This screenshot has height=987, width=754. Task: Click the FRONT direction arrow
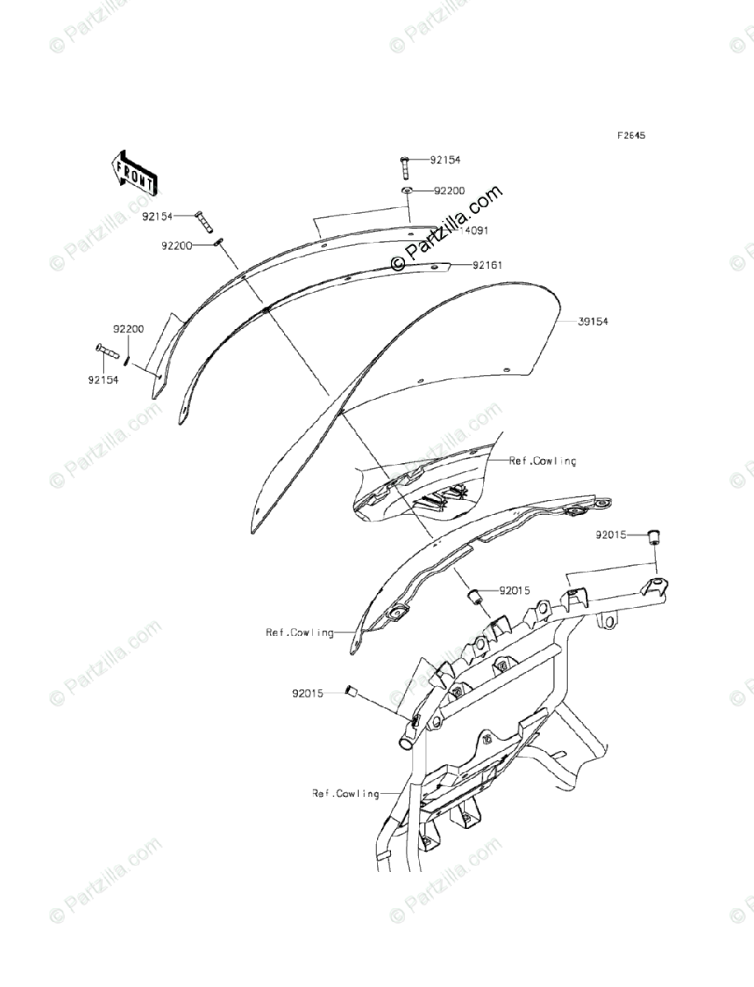pos(133,174)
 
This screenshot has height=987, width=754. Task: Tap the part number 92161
pos(489,265)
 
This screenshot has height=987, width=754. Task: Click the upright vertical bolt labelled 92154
pos(405,169)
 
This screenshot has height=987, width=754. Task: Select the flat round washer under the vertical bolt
pos(406,191)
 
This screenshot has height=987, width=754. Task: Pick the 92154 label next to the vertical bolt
pos(445,160)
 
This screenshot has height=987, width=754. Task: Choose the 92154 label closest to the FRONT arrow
pos(156,216)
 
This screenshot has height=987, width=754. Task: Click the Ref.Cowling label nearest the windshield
pos(542,461)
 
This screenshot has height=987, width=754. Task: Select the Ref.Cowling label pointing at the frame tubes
pos(346,794)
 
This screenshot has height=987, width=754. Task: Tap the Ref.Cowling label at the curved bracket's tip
pos(300,633)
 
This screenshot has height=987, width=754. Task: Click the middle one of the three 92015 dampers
pos(476,595)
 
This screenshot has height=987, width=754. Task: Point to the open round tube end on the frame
pos(405,743)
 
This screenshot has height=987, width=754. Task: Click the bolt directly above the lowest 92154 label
pos(107,351)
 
